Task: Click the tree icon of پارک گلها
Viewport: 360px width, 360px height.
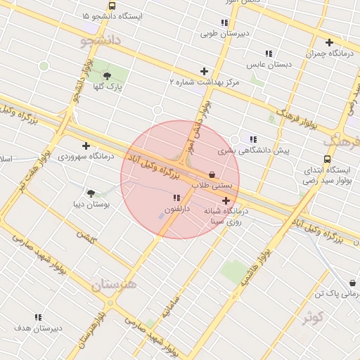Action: (108, 75)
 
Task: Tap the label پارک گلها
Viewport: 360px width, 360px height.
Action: (109, 87)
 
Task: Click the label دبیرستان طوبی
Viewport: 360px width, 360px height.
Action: (218, 32)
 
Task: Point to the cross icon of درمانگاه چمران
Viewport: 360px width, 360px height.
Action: (329, 42)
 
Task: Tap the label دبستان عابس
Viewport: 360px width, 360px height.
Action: (269, 64)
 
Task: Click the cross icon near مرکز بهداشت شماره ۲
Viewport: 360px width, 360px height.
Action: (204, 71)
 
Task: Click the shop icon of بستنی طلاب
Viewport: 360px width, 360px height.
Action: (212, 174)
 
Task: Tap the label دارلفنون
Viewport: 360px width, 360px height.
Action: (176, 209)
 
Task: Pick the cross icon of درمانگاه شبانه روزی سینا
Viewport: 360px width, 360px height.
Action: (225, 201)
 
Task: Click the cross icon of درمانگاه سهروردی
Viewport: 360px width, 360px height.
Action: (86, 146)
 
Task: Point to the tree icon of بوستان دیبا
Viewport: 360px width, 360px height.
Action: (91, 193)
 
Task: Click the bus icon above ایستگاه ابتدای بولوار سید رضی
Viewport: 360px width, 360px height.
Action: (327, 160)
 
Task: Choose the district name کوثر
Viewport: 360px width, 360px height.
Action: (313, 318)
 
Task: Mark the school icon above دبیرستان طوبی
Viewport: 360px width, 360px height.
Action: (224, 22)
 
